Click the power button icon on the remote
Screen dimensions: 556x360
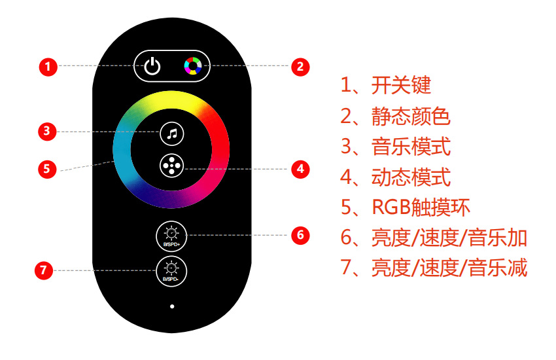[152, 66]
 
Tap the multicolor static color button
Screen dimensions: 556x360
[192, 66]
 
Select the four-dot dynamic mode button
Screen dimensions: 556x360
[171, 166]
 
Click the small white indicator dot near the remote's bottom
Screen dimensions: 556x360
[171, 306]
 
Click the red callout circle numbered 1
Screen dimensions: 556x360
[48, 66]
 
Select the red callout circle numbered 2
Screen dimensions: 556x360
[300, 66]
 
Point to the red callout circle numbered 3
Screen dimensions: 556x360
[46, 131]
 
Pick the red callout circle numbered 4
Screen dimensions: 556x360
[300, 168]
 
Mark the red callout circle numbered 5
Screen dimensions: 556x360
[46, 168]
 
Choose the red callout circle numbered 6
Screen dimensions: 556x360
[300, 234]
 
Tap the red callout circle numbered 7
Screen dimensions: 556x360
[44, 269]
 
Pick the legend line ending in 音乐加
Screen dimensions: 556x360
[433, 238]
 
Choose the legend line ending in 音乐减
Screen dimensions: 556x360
[433, 268]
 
